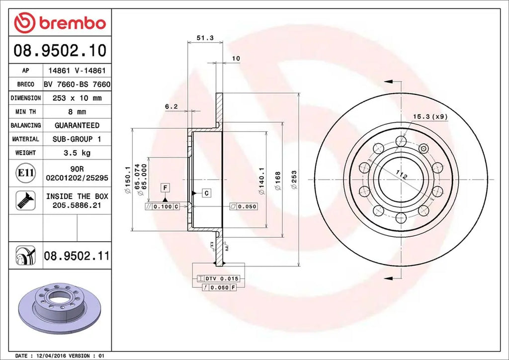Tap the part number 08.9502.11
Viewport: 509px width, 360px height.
tap(76, 256)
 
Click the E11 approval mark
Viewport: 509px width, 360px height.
tap(25, 173)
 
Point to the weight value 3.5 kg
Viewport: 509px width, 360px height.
tap(76, 153)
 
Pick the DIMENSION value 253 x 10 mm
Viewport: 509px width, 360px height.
tap(76, 98)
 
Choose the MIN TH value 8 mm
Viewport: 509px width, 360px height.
tap(76, 112)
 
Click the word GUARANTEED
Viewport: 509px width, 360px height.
tap(77, 125)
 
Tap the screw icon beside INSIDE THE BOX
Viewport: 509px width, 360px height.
tap(25, 200)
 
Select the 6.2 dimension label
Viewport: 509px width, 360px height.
tap(171, 106)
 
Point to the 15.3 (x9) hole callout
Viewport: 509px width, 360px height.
tap(430, 116)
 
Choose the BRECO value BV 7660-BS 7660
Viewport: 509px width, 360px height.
tap(76, 85)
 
